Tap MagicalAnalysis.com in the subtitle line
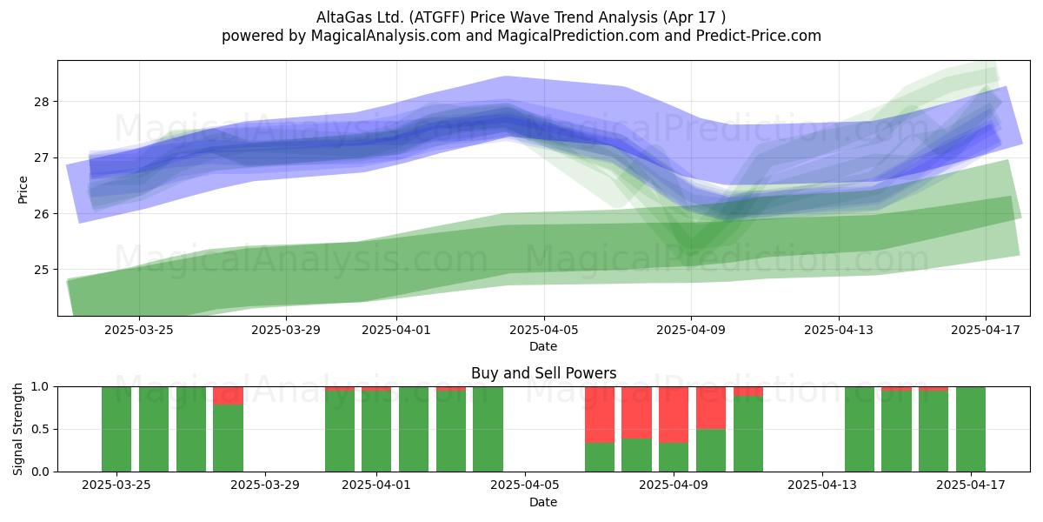tap(386, 36)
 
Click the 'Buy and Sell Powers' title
tap(543, 373)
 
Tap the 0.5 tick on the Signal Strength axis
tap(40, 429)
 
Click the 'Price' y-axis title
tap(23, 190)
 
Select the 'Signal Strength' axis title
tap(17, 429)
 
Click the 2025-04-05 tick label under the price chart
tap(543, 330)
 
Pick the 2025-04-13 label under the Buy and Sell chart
tap(822, 485)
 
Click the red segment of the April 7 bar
tap(600, 414)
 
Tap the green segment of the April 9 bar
tap(674, 457)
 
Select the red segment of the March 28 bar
tap(228, 396)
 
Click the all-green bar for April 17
tap(971, 429)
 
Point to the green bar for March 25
tap(116, 429)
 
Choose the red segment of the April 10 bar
tap(711, 408)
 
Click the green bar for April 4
tap(488, 429)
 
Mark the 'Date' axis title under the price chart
tap(543, 346)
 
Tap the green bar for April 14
tap(860, 429)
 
